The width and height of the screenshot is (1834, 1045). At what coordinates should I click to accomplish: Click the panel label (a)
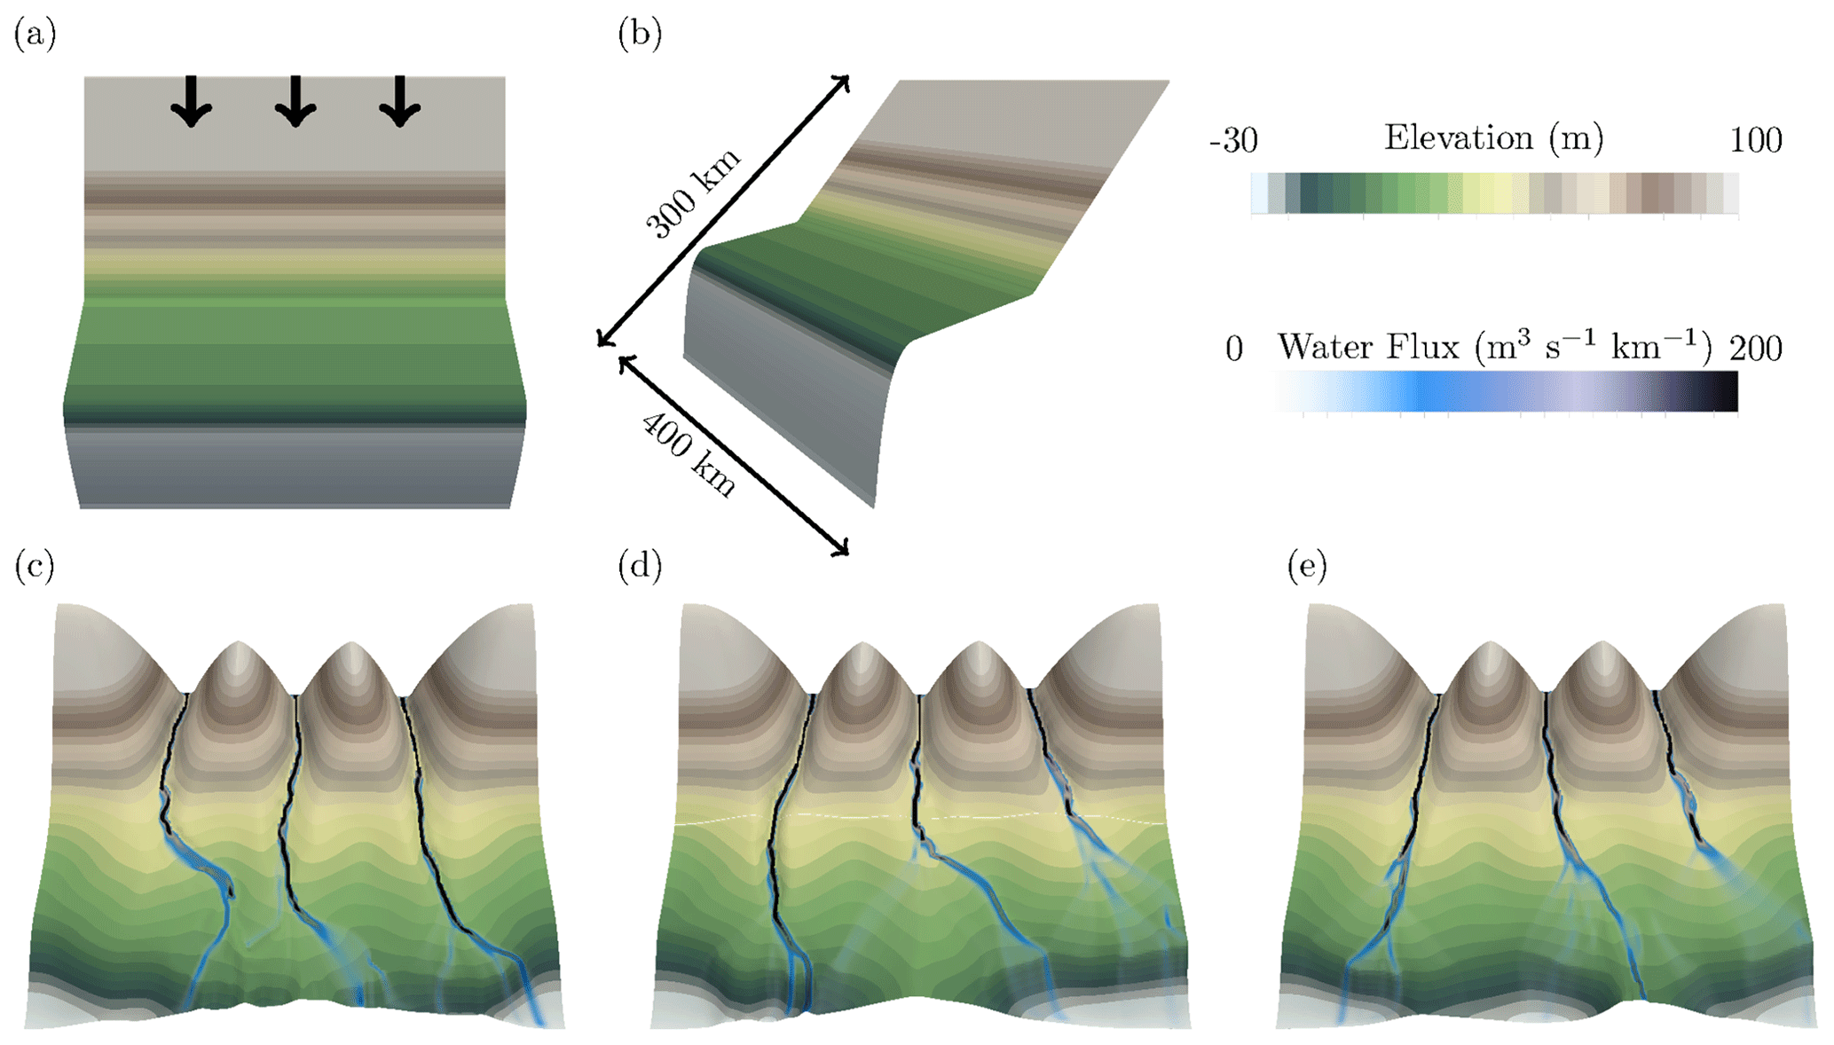click(35, 35)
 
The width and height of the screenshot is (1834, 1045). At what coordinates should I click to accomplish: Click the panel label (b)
click(640, 35)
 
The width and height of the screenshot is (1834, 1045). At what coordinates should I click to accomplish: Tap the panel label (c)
click(35, 566)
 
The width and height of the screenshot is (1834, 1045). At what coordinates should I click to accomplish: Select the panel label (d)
click(640, 566)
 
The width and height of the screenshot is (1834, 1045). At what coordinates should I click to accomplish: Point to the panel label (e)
click(1307, 566)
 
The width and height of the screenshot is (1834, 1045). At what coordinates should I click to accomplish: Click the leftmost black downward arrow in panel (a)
click(192, 101)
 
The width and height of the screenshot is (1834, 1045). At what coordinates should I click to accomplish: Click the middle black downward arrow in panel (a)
click(295, 101)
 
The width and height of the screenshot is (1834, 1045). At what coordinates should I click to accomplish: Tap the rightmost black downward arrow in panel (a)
click(400, 101)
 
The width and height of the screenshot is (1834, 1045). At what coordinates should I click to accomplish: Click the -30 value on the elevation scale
click(1233, 141)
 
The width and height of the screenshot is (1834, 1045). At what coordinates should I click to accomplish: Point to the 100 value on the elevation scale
click(1755, 141)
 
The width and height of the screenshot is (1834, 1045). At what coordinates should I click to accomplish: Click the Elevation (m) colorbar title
click(1494, 138)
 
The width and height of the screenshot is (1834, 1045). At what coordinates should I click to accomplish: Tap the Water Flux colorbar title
click(1494, 347)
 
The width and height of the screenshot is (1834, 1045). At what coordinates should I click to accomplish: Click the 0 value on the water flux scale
click(1234, 350)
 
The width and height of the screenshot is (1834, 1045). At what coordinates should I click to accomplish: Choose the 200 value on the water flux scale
click(1755, 350)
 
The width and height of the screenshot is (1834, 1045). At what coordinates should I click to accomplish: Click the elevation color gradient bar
click(1494, 193)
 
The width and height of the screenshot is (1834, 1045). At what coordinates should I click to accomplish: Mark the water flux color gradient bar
click(1507, 391)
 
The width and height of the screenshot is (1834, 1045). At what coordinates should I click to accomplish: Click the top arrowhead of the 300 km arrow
click(844, 82)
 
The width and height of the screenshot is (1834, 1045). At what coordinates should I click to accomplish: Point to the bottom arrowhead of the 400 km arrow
click(843, 550)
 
